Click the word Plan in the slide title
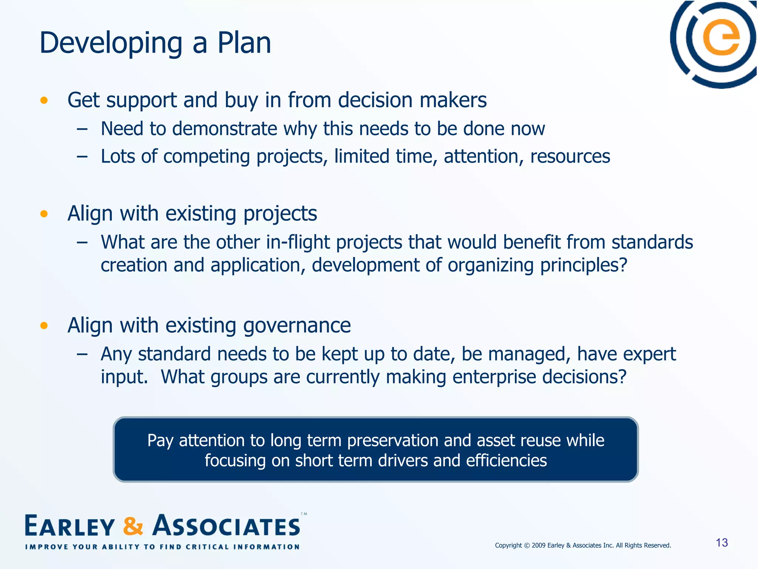pos(244,43)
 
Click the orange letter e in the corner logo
pos(721,39)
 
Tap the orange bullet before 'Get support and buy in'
pos(44,100)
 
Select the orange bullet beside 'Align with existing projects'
pos(44,214)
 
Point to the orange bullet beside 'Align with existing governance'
pos(44,326)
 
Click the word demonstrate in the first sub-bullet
pos(224,129)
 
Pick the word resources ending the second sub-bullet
pos(570,156)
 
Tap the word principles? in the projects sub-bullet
pos(584,265)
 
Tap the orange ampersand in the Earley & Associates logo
pos(133,526)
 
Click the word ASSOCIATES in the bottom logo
pos(227,526)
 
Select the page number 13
pos(722,543)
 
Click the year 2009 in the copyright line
pos(539,545)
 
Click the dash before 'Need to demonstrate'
pos(82,129)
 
